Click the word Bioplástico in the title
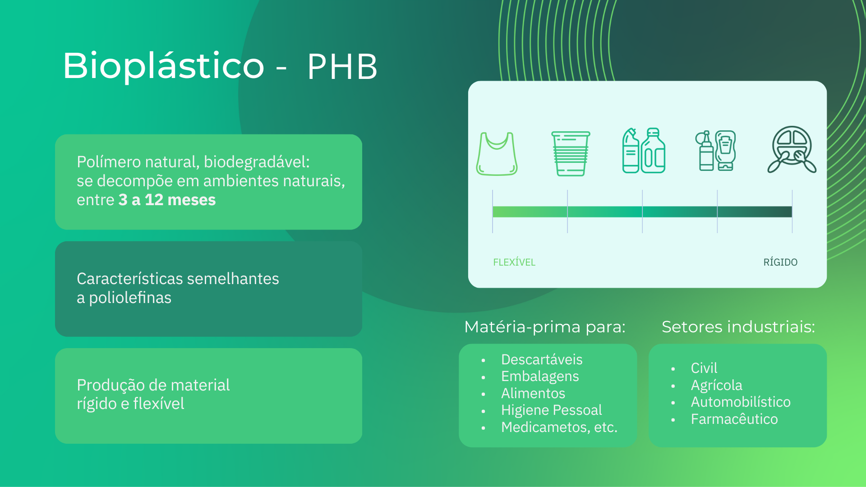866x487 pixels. [x=163, y=66]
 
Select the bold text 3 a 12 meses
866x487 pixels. [x=167, y=200]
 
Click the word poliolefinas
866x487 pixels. [x=130, y=298]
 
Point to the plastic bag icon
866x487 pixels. [x=497, y=153]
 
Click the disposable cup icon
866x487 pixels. [x=571, y=153]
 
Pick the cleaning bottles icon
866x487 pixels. [x=644, y=151]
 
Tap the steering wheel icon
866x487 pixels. [x=792, y=150]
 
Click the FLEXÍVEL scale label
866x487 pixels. [x=514, y=262]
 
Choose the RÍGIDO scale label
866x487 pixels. [x=780, y=262]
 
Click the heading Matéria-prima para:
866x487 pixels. [x=545, y=326]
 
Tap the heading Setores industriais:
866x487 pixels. [x=738, y=326]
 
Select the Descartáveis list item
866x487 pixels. [x=542, y=359]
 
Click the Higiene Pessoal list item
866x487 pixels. [x=551, y=410]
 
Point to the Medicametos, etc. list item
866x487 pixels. [x=559, y=427]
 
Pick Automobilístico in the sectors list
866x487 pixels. [x=741, y=402]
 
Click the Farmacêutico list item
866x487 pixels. [x=734, y=419]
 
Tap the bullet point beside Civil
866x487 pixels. [x=673, y=369]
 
